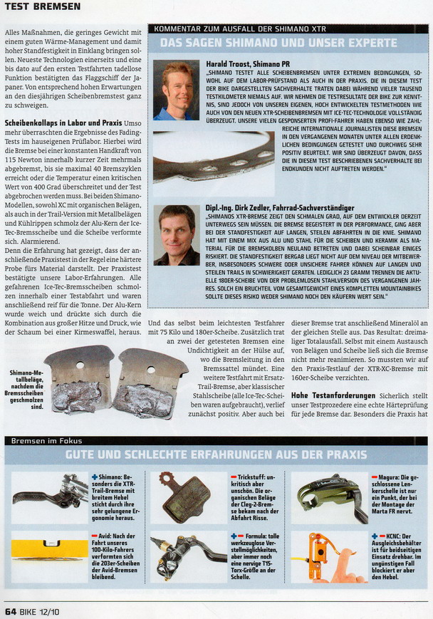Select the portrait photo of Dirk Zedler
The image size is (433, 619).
point(177,235)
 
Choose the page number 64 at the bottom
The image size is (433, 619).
point(11,610)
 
